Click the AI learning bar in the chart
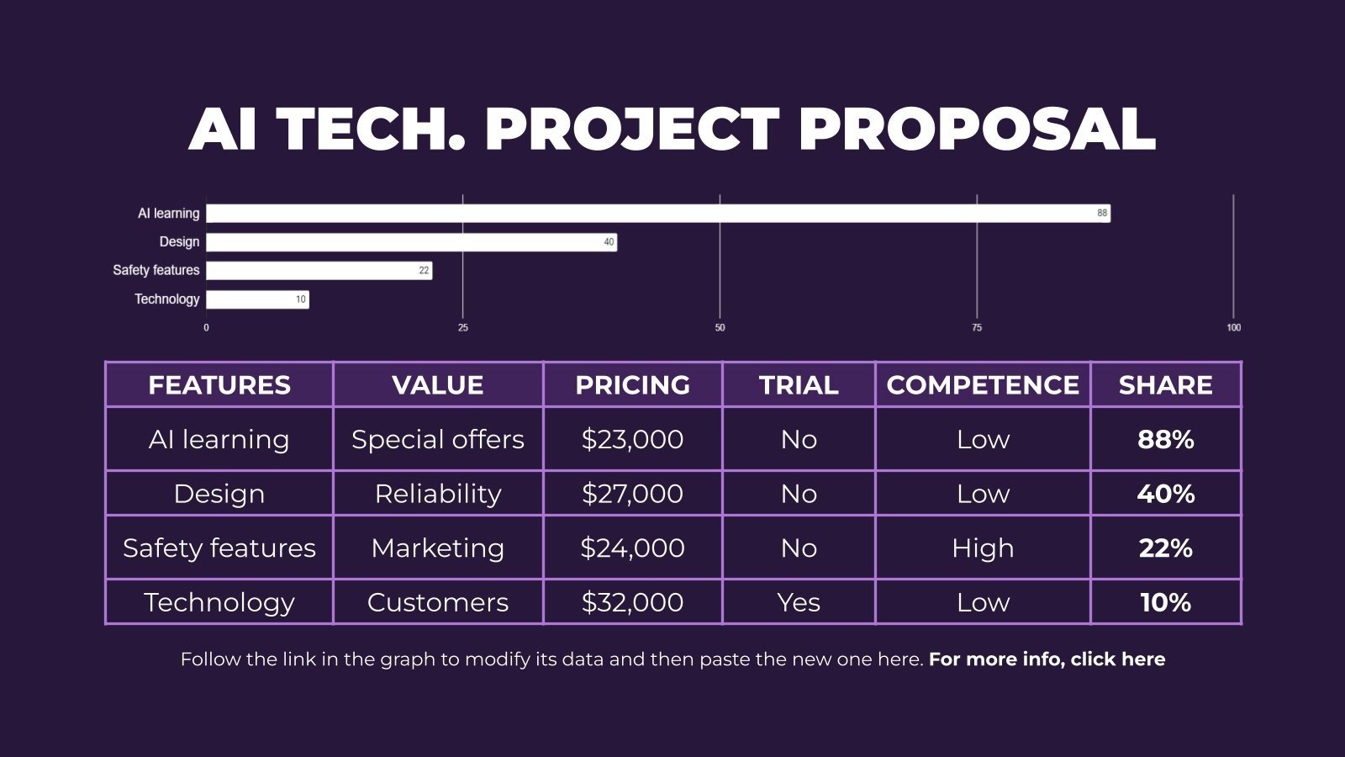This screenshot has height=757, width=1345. (657, 214)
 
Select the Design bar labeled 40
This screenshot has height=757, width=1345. (411, 242)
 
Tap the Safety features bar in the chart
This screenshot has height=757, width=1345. (319, 271)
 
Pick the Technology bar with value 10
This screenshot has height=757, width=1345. (257, 299)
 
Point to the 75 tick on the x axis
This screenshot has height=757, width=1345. (977, 327)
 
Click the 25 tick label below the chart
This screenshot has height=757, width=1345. (463, 327)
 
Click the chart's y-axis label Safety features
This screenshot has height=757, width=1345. (156, 270)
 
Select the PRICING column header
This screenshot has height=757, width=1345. (632, 385)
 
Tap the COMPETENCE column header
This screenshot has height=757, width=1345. (983, 385)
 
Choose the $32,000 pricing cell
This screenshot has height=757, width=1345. (632, 602)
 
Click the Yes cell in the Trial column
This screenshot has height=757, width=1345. (799, 602)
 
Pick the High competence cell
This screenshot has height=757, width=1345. (983, 548)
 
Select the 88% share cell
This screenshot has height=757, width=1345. (1165, 439)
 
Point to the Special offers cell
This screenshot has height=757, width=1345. (437, 439)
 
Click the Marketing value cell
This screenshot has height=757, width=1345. (437, 548)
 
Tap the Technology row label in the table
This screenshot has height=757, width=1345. (219, 602)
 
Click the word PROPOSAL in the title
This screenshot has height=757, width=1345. (976, 130)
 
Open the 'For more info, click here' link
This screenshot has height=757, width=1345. (1047, 659)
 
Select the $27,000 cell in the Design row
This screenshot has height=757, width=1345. (632, 494)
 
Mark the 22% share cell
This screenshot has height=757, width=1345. (1165, 548)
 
